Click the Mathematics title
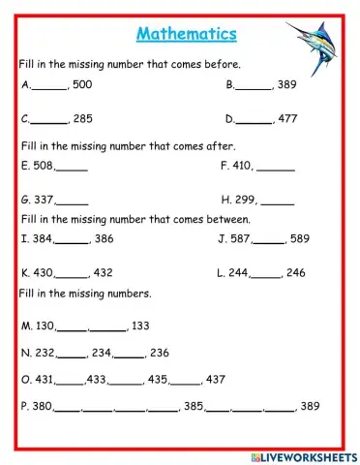click(x=186, y=34)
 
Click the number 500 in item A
click(x=81, y=85)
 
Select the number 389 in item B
click(x=285, y=85)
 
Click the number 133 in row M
click(x=140, y=325)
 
